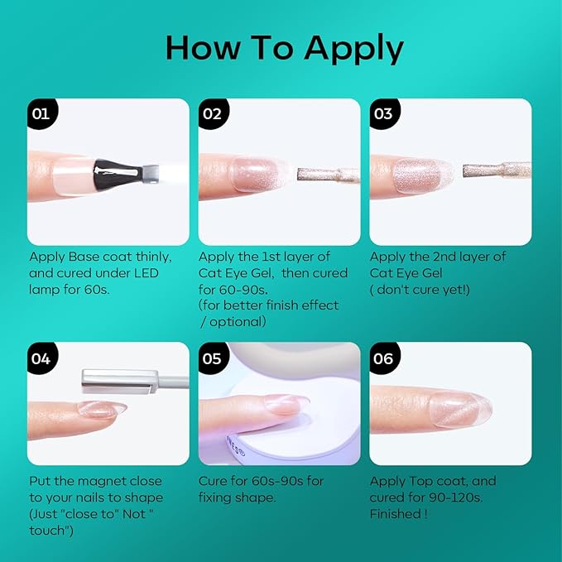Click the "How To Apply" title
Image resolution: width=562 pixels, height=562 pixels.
(285, 48)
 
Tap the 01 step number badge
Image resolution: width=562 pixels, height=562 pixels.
(42, 113)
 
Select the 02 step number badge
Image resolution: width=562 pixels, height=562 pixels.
(213, 113)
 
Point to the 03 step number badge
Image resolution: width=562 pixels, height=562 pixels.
(384, 113)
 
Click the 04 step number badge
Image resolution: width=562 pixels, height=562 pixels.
(42, 358)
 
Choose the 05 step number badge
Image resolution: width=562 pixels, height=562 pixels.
(213, 358)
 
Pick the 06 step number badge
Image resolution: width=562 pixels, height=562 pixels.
(384, 358)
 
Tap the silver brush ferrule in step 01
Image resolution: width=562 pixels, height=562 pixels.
(151, 174)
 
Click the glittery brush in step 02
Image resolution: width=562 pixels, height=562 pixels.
(329, 175)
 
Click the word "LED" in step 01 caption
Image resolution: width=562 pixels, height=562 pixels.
(147, 273)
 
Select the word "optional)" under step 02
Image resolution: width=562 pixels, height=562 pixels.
(238, 322)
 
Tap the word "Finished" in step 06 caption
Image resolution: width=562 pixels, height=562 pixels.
(396, 514)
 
